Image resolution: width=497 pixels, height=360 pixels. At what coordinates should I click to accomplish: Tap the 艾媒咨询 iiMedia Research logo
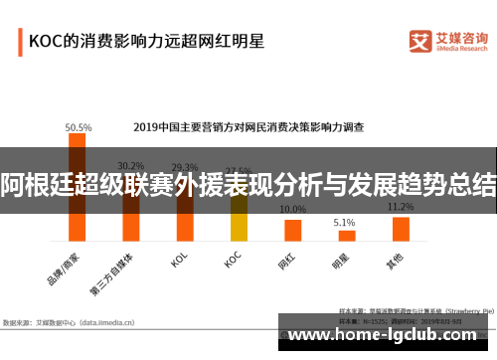tap(446, 41)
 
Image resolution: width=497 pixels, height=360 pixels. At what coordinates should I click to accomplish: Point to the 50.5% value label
tap(78, 127)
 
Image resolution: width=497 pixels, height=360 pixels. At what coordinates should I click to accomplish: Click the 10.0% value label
tap(292, 210)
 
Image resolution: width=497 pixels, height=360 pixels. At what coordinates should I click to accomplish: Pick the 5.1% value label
tap(344, 222)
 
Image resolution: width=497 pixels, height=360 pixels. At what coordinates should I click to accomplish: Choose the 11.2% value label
tap(401, 207)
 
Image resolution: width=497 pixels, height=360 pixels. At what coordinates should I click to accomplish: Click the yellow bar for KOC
tap(239, 219)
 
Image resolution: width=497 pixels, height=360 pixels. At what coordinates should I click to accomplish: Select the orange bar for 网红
tap(292, 230)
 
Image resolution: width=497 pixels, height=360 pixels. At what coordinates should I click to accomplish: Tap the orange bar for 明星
tap(345, 236)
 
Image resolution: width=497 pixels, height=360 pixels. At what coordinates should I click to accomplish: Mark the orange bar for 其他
tap(401, 229)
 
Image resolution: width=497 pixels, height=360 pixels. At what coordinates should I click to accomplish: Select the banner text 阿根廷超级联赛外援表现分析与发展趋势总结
tap(248, 183)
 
